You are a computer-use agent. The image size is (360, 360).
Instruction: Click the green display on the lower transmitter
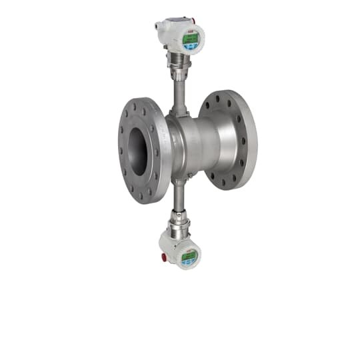click(189, 255)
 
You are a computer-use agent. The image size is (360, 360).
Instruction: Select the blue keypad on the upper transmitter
click(193, 47)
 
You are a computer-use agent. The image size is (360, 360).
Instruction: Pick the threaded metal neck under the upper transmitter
click(179, 63)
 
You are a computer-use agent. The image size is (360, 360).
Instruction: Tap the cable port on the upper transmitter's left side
click(158, 27)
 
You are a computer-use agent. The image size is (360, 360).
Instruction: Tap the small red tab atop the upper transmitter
click(194, 21)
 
